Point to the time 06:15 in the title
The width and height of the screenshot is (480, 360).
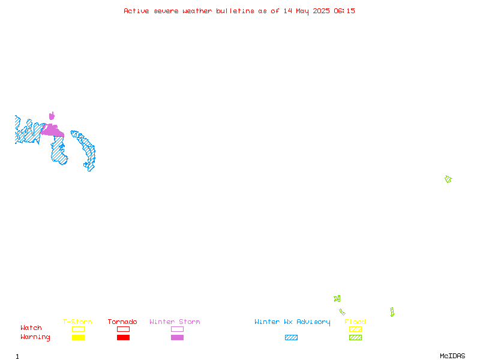pos(344,11)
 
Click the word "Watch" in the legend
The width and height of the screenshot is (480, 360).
pos(31,328)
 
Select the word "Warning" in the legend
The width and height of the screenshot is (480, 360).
pos(35,337)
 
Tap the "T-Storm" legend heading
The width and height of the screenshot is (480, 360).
pos(77,322)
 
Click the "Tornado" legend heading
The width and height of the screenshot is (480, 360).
pos(122,322)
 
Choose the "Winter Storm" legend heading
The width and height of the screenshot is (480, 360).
pos(175,322)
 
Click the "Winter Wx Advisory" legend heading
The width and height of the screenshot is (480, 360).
pos(292,322)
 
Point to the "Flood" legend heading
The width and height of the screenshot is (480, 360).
pos(355,322)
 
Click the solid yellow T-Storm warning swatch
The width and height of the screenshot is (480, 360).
pos(79,337)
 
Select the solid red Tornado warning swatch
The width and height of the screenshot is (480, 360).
pos(124,337)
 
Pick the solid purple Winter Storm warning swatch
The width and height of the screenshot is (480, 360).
pos(177,337)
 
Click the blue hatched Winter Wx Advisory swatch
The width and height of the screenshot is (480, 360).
pos(291,337)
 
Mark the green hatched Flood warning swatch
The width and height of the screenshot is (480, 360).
pos(355,337)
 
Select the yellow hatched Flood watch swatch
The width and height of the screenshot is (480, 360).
pos(355,329)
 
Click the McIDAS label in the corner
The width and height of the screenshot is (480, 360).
pos(452,356)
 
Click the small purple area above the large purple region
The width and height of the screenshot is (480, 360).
pos(52,116)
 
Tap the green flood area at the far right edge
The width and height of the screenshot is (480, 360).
pos(448,179)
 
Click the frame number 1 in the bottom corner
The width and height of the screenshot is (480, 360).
pos(17,356)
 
